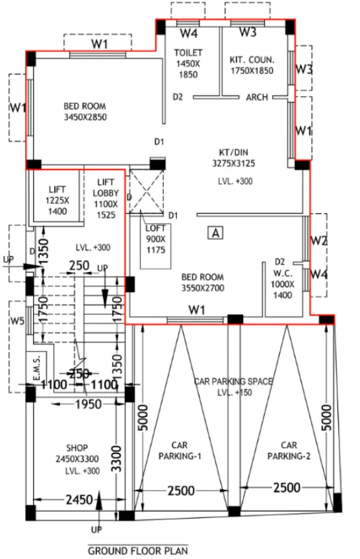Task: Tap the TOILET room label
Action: (188, 53)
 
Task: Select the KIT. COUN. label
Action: (252, 59)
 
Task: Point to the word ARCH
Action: (257, 97)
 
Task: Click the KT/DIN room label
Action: (234, 152)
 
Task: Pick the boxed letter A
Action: (215, 233)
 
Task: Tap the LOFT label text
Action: (156, 228)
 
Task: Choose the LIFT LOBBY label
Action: (106, 187)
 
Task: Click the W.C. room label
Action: (283, 273)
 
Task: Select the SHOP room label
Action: (77, 447)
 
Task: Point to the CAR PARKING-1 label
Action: (180, 451)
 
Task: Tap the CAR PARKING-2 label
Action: (289, 451)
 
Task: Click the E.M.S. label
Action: (37, 366)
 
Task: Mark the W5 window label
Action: (17, 321)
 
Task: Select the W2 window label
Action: (318, 241)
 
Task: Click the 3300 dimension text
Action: (117, 459)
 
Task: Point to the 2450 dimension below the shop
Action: (79, 500)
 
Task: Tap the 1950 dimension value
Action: (89, 405)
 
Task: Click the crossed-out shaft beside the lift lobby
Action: (146, 192)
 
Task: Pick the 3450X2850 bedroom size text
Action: (85, 117)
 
